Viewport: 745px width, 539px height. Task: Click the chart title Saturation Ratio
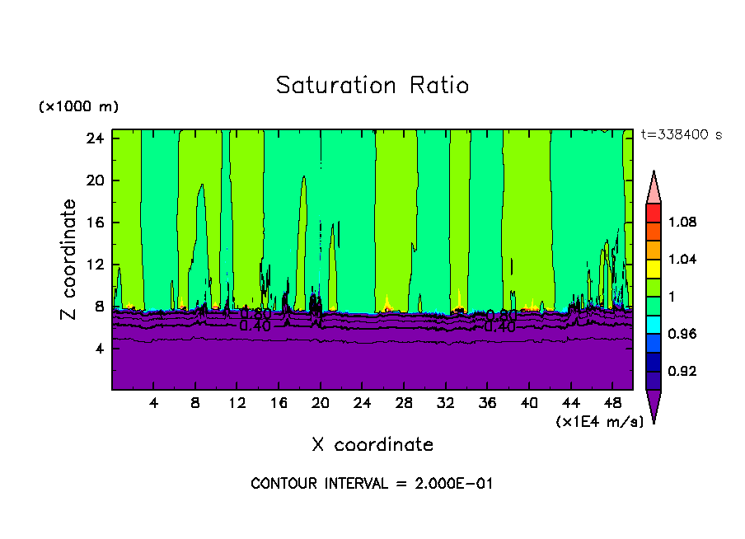pyautogui.click(x=372, y=86)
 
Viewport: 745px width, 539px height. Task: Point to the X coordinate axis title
pyautogui.click(x=372, y=445)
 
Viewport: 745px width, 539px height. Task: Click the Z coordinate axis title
pyautogui.click(x=69, y=260)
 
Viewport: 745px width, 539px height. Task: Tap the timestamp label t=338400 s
pyautogui.click(x=681, y=134)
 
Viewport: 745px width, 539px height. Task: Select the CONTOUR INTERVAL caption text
pyautogui.click(x=372, y=484)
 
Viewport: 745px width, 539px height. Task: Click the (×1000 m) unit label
pyautogui.click(x=78, y=107)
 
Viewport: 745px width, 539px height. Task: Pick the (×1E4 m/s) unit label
pyautogui.click(x=599, y=422)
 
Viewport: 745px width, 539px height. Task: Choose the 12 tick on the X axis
pyautogui.click(x=237, y=404)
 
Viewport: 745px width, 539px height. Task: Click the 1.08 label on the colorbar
pyautogui.click(x=683, y=223)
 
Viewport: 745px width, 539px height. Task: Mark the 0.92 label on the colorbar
pyautogui.click(x=683, y=372)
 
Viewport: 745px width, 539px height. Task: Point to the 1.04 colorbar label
pyautogui.click(x=683, y=260)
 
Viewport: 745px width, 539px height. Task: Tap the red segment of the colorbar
pyautogui.click(x=654, y=212)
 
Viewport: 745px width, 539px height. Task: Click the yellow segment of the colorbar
pyautogui.click(x=654, y=268)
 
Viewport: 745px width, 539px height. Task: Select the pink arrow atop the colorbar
pyautogui.click(x=654, y=189)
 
